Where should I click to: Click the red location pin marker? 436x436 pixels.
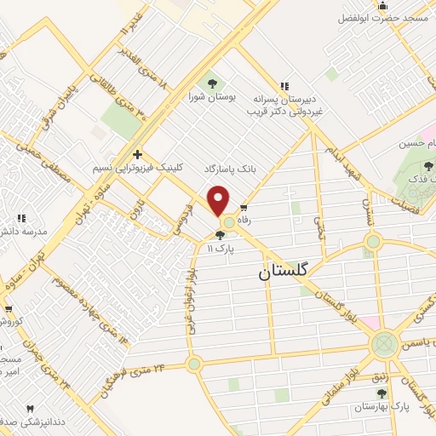pyautogui.click(x=219, y=201)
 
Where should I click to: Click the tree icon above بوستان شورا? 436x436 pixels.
pyautogui.click(x=212, y=83)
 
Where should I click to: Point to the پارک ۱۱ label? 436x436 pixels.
pyautogui.click(x=221, y=248)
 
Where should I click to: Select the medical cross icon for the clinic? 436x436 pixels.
pyautogui.click(x=137, y=154)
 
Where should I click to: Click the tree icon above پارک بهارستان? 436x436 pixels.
pyautogui.click(x=382, y=393)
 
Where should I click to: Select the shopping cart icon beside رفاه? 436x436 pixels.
pyautogui.click(x=244, y=207)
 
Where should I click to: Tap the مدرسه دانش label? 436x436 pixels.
pyautogui.click(x=25, y=231)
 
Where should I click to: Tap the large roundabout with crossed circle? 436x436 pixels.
pyautogui.click(x=384, y=345)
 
